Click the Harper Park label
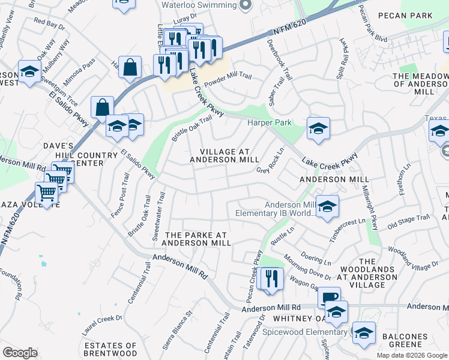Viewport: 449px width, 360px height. pos(270,122)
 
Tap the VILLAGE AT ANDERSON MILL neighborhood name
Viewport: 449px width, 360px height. pos(224,155)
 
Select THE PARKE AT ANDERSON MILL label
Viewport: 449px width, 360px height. pos(197,238)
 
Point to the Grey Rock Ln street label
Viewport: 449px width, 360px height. pos(271,161)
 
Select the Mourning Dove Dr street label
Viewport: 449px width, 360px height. pos(308,268)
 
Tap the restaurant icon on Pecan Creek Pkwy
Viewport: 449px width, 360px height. pos(271,279)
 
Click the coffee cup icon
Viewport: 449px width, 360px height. pos(329,297)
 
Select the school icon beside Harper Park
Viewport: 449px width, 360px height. pos(318,128)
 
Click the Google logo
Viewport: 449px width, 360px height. pos(20,353)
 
